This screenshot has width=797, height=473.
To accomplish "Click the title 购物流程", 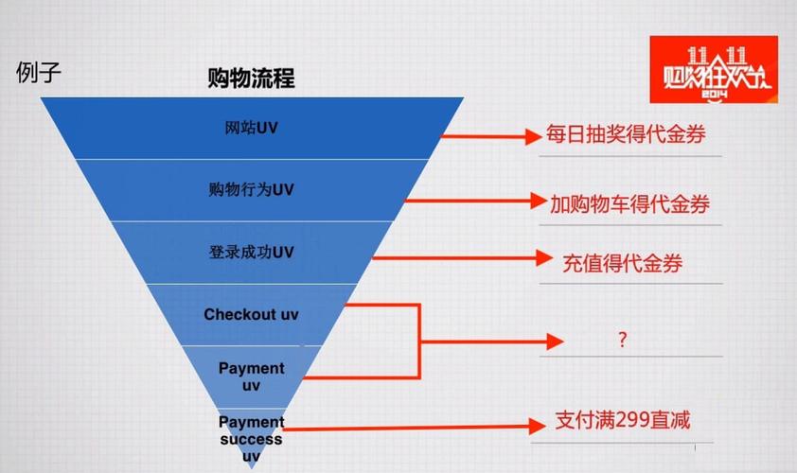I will tap(251, 79).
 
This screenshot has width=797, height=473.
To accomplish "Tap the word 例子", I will tap(39, 73).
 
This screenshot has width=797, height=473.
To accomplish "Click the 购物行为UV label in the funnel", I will tap(251, 189).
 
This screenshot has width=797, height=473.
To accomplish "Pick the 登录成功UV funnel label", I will tap(251, 253).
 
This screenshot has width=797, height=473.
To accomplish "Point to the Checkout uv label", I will tap(251, 314).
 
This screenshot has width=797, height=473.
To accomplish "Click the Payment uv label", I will tap(251, 377).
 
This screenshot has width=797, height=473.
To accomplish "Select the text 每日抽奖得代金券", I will tap(626, 134).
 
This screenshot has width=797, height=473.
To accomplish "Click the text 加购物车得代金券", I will tap(629, 202).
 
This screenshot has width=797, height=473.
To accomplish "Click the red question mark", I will tap(622, 341).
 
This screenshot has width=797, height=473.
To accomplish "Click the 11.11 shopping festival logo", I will tap(713, 70).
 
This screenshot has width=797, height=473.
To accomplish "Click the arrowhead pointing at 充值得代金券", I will tap(542, 257).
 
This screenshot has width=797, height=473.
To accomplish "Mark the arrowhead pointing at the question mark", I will tap(555, 340).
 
